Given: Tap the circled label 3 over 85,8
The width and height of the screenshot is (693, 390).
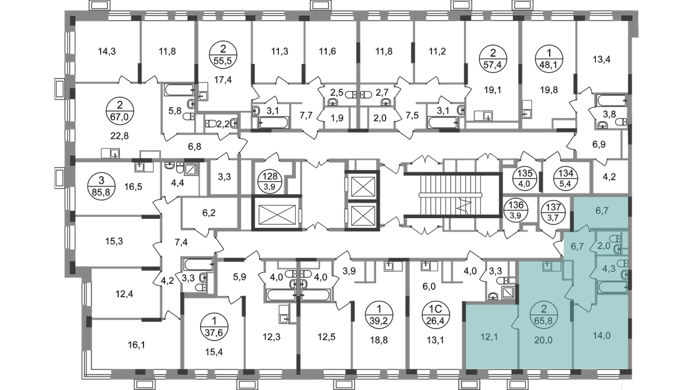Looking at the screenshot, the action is [x=102, y=187].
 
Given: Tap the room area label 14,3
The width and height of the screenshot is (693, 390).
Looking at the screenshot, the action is [x=107, y=52].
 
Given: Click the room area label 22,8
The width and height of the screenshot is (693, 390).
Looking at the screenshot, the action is [x=120, y=136].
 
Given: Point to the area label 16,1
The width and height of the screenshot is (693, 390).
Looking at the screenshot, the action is [x=136, y=345].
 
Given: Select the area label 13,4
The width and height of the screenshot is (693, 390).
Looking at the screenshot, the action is [x=601, y=60].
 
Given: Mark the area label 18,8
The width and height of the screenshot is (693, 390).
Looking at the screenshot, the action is [x=379, y=339].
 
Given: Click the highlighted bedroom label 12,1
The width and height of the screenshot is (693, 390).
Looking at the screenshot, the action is [x=489, y=338].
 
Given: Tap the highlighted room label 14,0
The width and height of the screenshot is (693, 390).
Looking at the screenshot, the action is [x=601, y=336].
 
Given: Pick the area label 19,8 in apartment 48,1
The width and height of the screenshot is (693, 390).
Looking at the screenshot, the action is [x=549, y=90].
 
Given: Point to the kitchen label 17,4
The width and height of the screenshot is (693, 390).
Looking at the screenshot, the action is [x=223, y=80].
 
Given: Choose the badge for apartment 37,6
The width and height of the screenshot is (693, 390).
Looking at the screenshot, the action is [x=214, y=326].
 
